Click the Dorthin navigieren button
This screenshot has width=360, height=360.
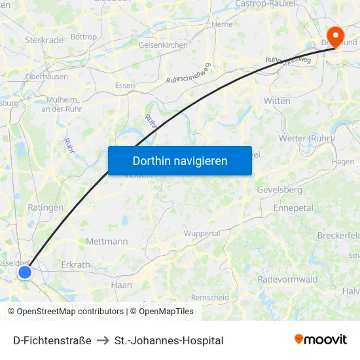click(180, 160)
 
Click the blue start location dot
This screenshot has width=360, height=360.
click(25, 272)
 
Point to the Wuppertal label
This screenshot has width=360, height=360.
click(202, 234)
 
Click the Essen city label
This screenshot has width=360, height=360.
click(125, 86)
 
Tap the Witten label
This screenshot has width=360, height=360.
click(277, 101)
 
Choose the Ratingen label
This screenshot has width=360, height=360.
click(46, 207)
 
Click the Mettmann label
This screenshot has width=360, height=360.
click(107, 242)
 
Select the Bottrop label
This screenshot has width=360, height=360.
click(83, 37)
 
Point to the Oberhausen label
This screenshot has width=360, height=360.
click(46, 76)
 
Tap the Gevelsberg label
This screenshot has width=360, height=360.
click(279, 190)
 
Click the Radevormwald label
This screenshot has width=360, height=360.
click(287, 279)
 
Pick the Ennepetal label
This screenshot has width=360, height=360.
click(293, 207)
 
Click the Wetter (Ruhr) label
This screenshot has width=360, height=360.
click(306, 139)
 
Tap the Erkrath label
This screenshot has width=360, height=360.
click(75, 265)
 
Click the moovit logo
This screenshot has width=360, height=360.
click(321, 340)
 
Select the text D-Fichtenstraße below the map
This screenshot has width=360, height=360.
click(52, 340)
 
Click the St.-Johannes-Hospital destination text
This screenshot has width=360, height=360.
click(169, 340)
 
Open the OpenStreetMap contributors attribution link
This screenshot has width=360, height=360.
click(69, 312)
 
